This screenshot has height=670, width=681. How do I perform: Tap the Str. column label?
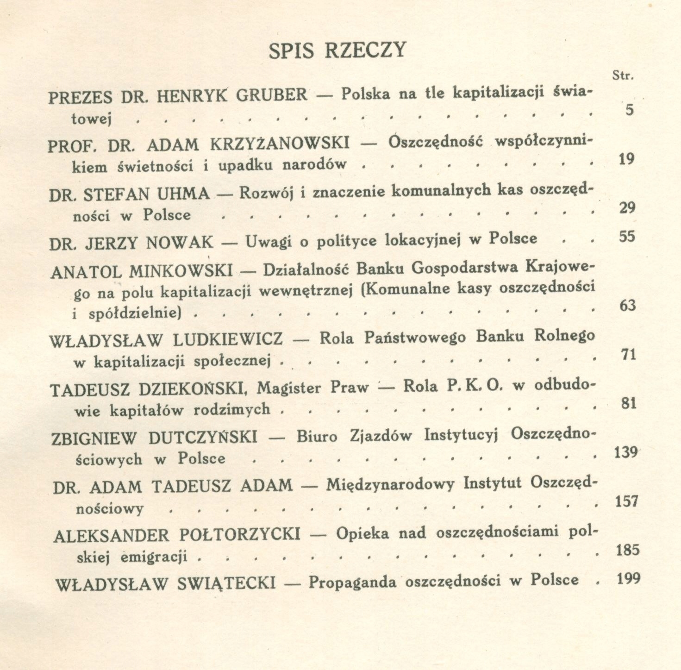(x=622, y=76)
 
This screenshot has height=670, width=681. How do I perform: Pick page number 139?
(x=626, y=452)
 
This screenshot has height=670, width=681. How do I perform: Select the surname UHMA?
(x=183, y=194)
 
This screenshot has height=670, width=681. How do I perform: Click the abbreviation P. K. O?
(x=474, y=386)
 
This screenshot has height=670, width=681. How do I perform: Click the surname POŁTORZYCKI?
(x=239, y=535)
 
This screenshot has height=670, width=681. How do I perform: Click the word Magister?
(x=288, y=388)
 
